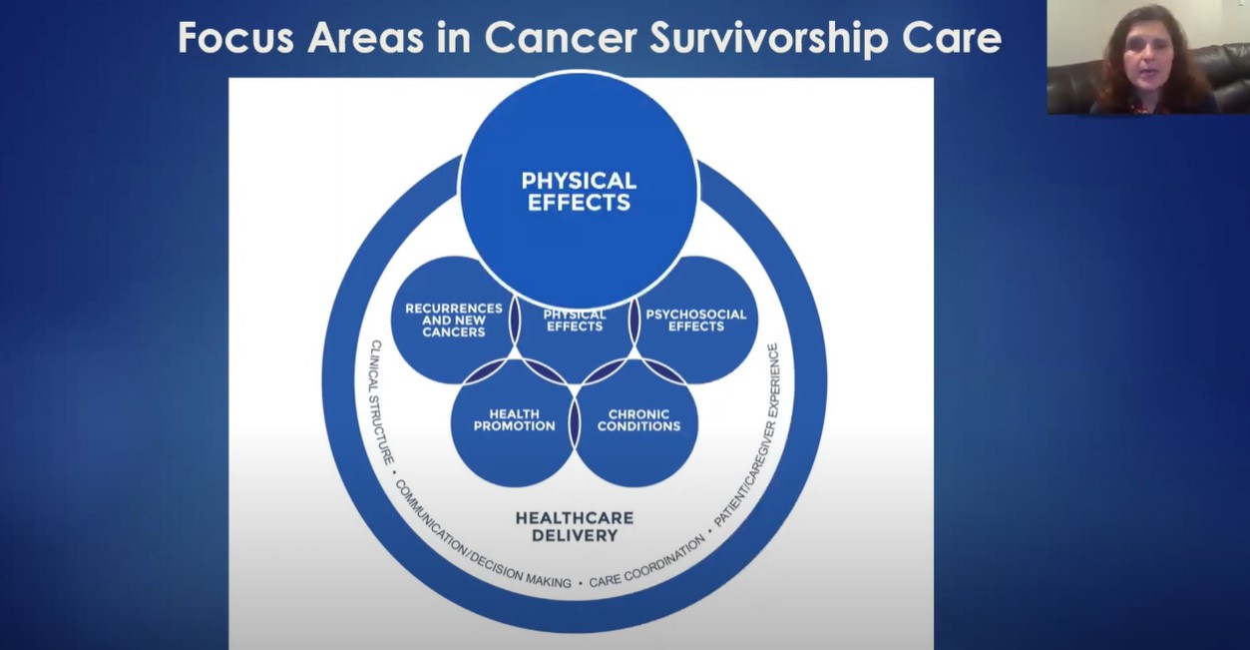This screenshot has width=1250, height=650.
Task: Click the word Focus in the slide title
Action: (x=236, y=38)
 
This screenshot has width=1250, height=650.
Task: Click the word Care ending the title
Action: (x=951, y=38)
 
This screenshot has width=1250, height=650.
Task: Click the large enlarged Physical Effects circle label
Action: (x=579, y=192)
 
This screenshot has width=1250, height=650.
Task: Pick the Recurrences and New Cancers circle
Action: (x=453, y=321)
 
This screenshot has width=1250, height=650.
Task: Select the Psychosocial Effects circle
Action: (x=695, y=321)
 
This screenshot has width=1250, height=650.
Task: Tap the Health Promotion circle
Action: (x=514, y=420)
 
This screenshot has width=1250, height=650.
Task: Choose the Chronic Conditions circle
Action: (x=638, y=420)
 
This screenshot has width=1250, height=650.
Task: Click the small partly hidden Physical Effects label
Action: (x=575, y=321)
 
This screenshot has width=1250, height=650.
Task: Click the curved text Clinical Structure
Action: (x=381, y=400)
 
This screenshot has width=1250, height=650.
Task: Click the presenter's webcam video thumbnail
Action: (x=1147, y=57)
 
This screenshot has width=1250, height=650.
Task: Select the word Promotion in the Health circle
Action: (x=514, y=426)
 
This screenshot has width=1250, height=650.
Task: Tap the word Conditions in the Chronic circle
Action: (x=638, y=426)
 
